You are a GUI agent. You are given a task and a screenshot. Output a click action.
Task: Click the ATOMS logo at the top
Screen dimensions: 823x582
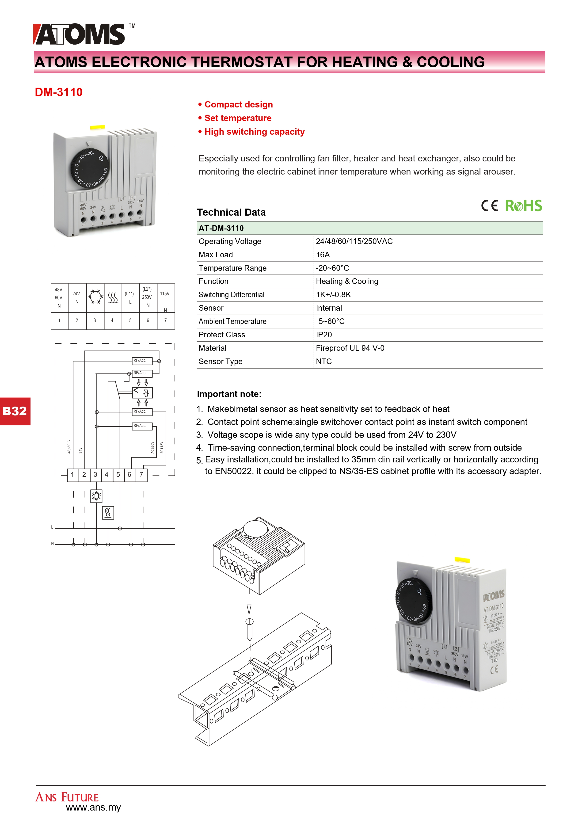80,34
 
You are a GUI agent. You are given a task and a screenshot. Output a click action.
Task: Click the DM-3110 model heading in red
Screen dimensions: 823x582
59,92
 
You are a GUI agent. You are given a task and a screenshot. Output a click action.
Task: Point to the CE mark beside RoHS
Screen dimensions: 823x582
489,206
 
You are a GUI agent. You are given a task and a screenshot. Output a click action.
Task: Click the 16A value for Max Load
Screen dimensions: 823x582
323,255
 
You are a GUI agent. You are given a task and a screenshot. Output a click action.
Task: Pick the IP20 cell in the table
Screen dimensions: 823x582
324,335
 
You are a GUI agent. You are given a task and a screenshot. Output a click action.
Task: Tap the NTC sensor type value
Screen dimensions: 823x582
324,361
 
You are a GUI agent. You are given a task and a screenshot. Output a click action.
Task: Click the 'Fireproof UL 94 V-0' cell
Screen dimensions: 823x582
350,348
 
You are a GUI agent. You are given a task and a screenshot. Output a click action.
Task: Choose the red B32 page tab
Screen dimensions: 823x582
15,411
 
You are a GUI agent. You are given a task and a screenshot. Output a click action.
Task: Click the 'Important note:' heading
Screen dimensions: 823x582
229,394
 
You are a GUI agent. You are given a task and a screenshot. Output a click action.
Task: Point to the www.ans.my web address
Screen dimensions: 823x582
93,808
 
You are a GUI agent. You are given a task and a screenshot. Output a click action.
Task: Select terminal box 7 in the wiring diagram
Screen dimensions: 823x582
141,475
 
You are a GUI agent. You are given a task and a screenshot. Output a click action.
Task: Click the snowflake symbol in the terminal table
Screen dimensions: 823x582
95,297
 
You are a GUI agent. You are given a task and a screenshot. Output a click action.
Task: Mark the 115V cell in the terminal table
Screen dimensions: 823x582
165,298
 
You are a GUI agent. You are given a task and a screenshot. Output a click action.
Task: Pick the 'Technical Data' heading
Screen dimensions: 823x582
231,212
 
